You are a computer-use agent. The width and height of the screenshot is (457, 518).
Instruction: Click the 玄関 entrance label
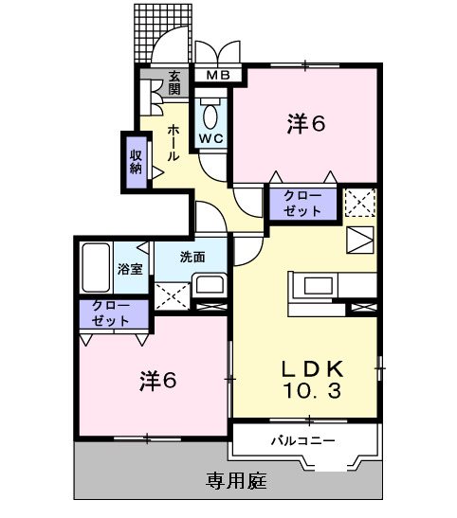point(174,83)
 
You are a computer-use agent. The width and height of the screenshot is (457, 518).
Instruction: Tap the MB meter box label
point(218,76)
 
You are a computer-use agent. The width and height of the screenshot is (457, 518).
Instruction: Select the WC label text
point(210,139)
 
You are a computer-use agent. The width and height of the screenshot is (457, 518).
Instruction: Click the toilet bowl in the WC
point(210,115)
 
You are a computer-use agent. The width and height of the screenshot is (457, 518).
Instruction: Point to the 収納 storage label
point(136,161)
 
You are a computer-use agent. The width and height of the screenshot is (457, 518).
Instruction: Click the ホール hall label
point(174,142)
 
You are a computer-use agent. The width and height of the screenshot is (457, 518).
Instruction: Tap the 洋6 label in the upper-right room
point(306,124)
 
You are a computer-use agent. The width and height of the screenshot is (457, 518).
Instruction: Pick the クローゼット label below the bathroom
point(111,313)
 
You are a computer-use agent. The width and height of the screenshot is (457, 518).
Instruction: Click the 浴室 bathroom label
point(130,269)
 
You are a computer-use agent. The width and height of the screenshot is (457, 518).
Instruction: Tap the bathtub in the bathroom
point(96,269)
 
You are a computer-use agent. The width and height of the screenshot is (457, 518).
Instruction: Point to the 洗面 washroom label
point(192,256)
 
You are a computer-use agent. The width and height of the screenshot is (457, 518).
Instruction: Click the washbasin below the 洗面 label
point(210,287)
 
